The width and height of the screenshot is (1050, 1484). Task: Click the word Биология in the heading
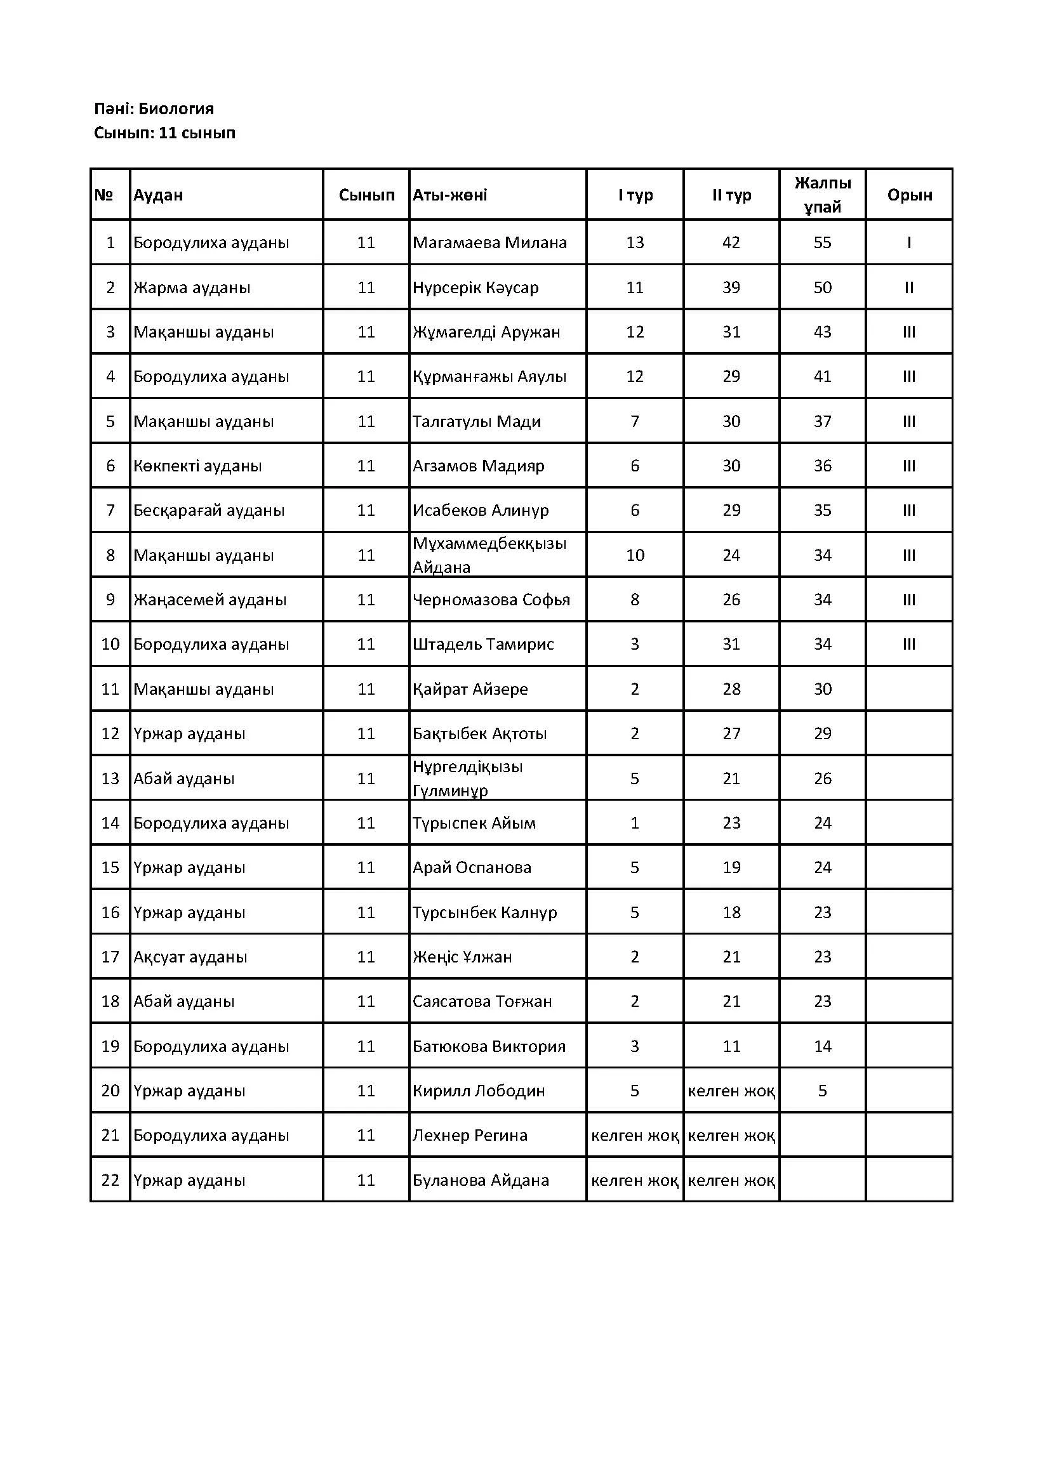176,108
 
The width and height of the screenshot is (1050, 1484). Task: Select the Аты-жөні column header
450,195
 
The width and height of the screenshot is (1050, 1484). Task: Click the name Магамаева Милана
489,243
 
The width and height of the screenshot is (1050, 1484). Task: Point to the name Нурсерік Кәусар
475,287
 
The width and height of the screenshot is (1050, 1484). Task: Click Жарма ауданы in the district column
191,287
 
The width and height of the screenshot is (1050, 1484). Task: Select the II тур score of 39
731,287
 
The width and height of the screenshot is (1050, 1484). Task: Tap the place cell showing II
909,287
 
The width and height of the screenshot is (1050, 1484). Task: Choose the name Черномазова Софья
491,600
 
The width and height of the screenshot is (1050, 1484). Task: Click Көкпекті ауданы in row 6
197,466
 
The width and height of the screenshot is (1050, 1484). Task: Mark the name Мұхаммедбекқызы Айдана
489,555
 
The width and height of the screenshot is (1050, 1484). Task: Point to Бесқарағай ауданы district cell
209,511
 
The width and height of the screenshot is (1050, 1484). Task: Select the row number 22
110,1181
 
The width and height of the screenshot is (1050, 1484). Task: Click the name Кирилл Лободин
479,1092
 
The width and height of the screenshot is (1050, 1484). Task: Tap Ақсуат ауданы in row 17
190,957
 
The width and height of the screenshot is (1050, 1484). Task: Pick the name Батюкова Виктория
489,1047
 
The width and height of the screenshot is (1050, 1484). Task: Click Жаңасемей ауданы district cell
209,600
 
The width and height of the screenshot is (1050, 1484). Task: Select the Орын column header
909,195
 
